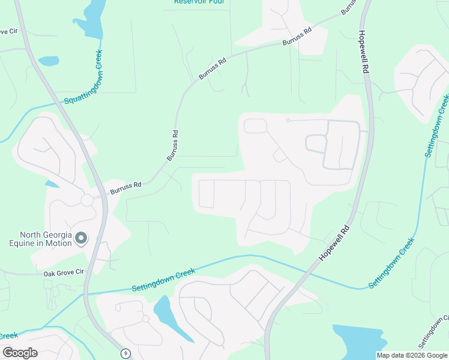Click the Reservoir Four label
coord(198,2)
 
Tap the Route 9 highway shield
coord(125,353)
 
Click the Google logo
coord(20,353)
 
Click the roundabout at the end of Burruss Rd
coord(88,200)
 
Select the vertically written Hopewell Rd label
coord(363,52)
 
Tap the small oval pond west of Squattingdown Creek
coord(49,61)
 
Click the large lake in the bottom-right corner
coord(360,341)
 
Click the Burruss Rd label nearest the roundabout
coord(125,188)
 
